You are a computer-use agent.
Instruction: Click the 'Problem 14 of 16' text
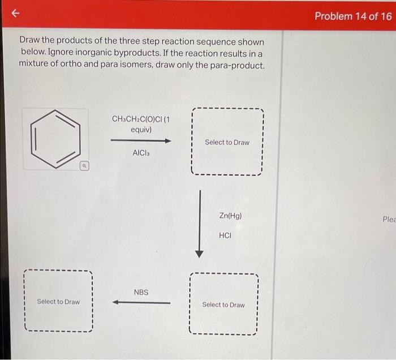[352, 16]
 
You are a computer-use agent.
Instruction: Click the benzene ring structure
[55, 139]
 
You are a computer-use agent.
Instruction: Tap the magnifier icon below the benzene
[83, 166]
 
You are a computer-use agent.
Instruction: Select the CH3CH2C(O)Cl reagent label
[140, 119]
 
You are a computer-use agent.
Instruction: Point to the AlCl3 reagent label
[141, 153]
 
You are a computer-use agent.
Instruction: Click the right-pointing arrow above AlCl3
[141, 140]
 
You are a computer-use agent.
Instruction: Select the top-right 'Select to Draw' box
[227, 142]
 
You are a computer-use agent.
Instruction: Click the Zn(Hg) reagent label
[230, 216]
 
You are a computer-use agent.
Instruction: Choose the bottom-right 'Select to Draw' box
[223, 305]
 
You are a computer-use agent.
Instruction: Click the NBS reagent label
[141, 292]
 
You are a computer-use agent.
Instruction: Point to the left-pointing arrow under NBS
[141, 302]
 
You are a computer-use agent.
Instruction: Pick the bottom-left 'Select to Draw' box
[58, 301]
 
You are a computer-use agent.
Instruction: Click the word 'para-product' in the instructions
[237, 65]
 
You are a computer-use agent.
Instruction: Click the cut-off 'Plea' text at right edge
[389, 219]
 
